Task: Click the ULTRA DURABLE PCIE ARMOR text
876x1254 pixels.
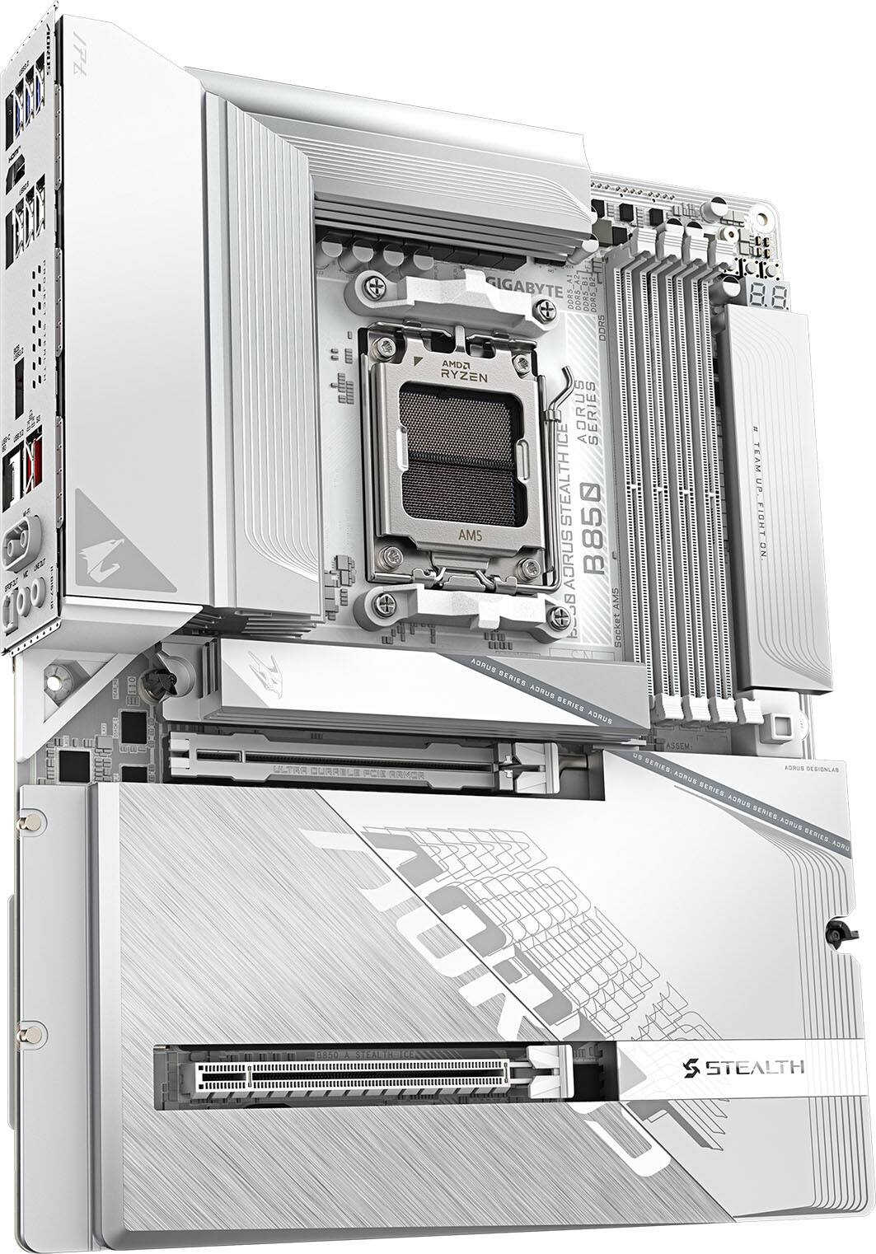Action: [x=349, y=774]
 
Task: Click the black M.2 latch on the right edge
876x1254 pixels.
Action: [x=841, y=933]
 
